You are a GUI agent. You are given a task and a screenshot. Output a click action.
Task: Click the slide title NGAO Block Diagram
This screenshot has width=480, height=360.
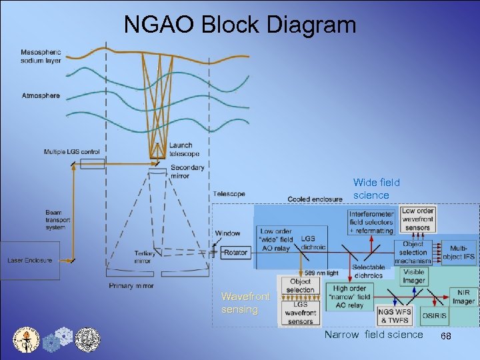[x=240, y=25]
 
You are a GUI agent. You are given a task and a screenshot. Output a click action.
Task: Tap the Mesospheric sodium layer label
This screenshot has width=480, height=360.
[x=41, y=57]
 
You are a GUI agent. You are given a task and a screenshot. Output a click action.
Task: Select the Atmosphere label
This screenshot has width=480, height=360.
[x=41, y=95]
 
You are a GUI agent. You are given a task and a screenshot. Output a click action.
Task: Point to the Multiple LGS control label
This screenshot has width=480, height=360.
[x=72, y=152]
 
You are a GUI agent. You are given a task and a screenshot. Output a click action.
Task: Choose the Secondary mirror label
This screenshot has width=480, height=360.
[x=187, y=171]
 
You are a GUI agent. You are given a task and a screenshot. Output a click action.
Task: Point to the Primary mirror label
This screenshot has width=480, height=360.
[x=131, y=286]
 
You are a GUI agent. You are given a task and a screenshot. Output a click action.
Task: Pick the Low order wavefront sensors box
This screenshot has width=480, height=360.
[x=417, y=219]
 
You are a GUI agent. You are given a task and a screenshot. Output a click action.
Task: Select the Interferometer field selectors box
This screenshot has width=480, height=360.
[x=371, y=222]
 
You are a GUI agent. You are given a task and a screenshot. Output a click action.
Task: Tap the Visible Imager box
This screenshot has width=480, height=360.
[x=414, y=276]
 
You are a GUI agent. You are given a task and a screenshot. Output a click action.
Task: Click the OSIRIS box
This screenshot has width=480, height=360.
[x=433, y=315]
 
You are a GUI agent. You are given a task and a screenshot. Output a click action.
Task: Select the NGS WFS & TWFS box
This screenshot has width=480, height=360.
[x=394, y=315]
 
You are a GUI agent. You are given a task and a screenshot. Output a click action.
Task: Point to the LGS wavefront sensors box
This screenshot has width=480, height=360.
[x=301, y=313]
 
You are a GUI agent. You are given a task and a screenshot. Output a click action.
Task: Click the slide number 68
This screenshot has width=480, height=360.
[x=446, y=337]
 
